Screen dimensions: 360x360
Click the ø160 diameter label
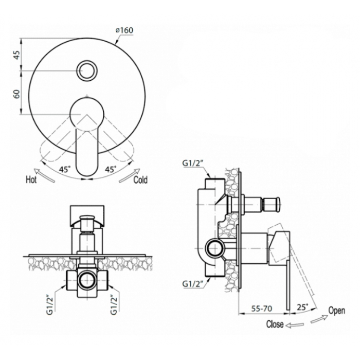(x=124, y=30)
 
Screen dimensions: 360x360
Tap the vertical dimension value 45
(x=17, y=55)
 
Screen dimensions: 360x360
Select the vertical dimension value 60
(x=17, y=94)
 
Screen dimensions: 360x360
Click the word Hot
(x=31, y=179)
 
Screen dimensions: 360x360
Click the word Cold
(x=140, y=180)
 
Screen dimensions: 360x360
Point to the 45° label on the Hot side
(x=65, y=169)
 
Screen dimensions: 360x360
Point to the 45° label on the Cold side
(x=111, y=169)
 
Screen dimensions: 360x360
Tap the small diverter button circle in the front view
(x=87, y=71)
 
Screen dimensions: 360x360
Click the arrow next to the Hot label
(x=45, y=175)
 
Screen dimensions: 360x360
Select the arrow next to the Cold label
(x=129, y=176)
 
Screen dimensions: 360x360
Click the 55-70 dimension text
(x=262, y=309)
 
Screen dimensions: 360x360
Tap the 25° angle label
(x=302, y=308)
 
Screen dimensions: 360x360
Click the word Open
(x=336, y=311)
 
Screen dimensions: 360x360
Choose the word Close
(x=275, y=324)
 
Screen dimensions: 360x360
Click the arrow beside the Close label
(x=295, y=325)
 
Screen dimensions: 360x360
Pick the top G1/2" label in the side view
(x=193, y=163)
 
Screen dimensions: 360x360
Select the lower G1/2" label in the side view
(x=193, y=284)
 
